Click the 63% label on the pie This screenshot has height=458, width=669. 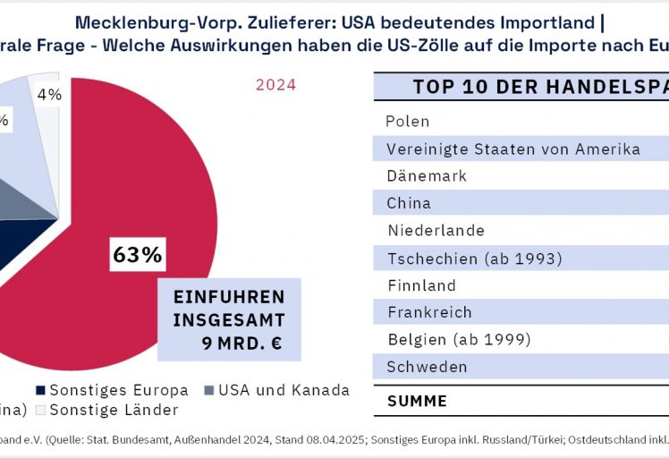[x=137, y=255]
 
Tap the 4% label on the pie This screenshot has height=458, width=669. [x=49, y=94]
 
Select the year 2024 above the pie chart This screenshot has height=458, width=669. [x=275, y=86]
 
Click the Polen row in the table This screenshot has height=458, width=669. [x=408, y=121]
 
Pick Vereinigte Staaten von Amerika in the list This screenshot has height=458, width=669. [x=513, y=148]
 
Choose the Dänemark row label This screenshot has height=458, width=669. [x=427, y=176]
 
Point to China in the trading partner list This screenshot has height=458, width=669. [x=409, y=203]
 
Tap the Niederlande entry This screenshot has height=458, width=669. [x=436, y=231]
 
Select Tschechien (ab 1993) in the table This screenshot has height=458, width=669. [x=474, y=259]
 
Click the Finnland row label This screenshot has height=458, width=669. [x=422, y=285]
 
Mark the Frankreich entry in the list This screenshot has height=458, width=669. [x=430, y=312]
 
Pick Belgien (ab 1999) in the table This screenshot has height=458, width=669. [x=460, y=340]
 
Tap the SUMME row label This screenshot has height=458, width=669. [x=417, y=401]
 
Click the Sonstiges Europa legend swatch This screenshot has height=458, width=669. [x=40, y=390]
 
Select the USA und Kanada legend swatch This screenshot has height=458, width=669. [x=208, y=390]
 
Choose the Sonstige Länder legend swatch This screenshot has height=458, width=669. [x=40, y=411]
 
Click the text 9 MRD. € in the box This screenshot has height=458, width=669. [x=241, y=342]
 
